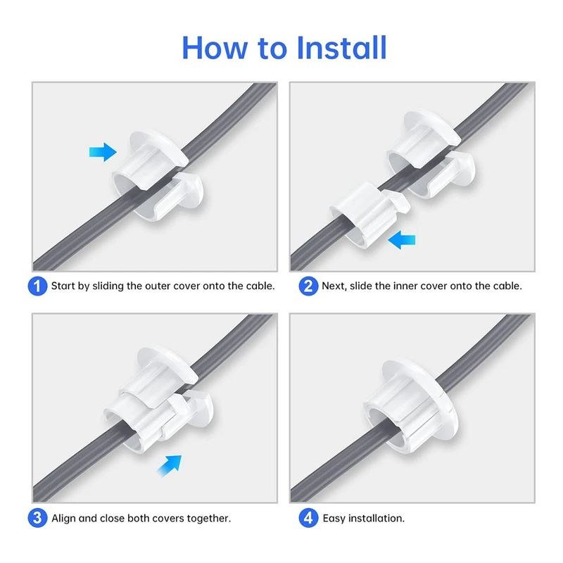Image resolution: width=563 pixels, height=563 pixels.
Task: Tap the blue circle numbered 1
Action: click(38, 286)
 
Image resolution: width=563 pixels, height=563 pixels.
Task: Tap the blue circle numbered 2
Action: click(308, 286)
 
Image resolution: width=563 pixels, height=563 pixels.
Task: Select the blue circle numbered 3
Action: click(38, 519)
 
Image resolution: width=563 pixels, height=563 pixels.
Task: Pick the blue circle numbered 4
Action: click(308, 519)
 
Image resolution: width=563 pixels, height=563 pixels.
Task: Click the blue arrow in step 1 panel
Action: click(103, 151)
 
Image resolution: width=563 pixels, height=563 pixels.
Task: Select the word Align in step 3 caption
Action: click(65, 519)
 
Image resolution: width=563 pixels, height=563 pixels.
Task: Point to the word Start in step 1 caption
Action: click(65, 286)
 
